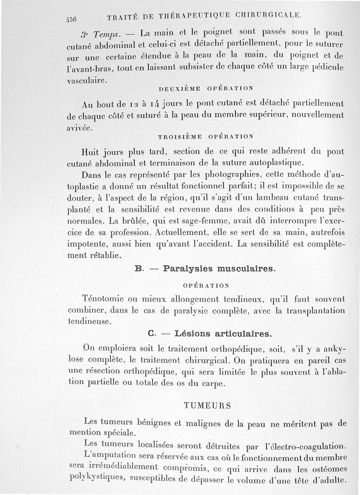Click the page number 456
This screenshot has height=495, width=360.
click(71, 18)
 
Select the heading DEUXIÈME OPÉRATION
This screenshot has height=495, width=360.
click(207, 88)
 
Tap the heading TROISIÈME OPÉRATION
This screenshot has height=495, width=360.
click(206, 136)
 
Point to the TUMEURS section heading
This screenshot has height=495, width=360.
click(208, 405)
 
